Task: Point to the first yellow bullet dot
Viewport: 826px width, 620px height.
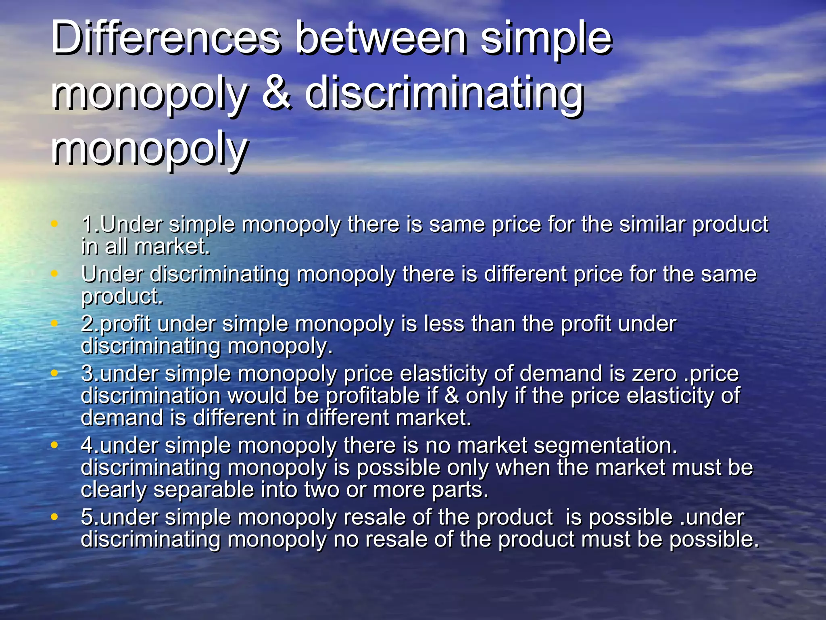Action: click(54, 224)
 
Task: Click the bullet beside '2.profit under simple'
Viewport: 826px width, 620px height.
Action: click(54, 323)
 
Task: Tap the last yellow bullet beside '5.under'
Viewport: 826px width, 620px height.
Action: click(54, 516)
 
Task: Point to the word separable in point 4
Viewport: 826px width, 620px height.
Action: click(204, 490)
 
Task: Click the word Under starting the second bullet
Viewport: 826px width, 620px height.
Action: click(112, 274)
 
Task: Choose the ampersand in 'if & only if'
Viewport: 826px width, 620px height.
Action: click(452, 396)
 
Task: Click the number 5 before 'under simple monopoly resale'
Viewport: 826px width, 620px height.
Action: click(88, 517)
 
